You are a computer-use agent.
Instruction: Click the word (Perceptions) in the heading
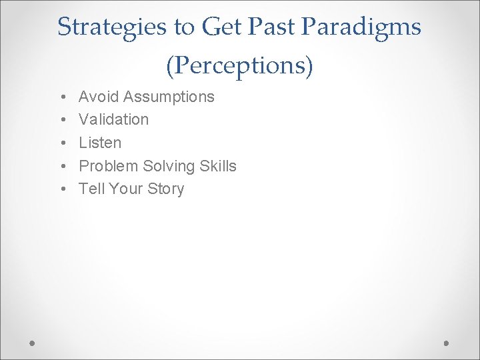coord(239,65)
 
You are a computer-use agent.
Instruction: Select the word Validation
coord(113,119)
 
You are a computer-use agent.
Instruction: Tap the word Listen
coord(100,143)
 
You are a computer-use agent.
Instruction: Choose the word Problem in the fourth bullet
coord(109,165)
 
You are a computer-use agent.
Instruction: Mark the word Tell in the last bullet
coord(91,189)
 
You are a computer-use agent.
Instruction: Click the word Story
coord(165,189)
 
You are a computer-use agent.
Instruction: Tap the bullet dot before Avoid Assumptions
coord(61,97)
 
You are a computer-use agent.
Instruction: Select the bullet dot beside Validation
coord(61,120)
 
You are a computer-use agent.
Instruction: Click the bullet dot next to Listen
coord(61,143)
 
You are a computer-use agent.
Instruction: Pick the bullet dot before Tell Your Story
coord(61,189)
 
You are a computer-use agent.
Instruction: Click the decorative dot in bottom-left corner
coord(33,342)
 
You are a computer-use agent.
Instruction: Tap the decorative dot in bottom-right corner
coord(447,342)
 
